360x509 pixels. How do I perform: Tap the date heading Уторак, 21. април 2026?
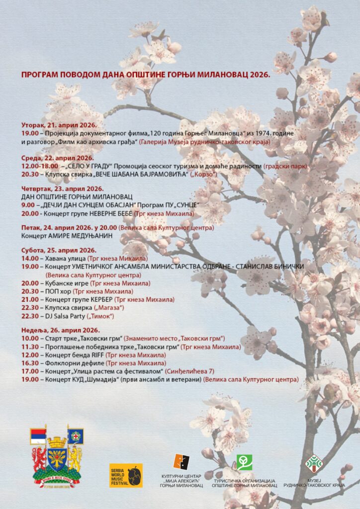pyautogui.click(x=59, y=125)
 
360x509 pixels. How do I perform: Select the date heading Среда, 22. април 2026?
pyautogui.click(x=58, y=158)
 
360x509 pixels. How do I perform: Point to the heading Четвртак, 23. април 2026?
pyautogui.click(x=62, y=189)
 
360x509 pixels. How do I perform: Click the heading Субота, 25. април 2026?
pyautogui.click(x=59, y=251)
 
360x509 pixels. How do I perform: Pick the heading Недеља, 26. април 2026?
pyautogui.click(x=60, y=330)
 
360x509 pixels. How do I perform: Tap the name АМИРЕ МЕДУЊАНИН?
pyautogui.click(x=80, y=236)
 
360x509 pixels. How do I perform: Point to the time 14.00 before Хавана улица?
pyautogui.click(x=30, y=258)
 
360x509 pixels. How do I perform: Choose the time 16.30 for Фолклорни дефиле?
pyautogui.click(x=30, y=363)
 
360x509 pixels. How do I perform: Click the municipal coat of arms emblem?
pyautogui.click(x=57, y=457)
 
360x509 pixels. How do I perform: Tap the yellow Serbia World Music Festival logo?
pyautogui.click(x=126, y=475)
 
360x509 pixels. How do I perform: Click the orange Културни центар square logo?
pyautogui.click(x=181, y=462)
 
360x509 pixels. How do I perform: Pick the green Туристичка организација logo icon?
pyautogui.click(x=244, y=462)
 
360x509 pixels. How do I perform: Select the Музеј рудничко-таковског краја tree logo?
pyautogui.click(x=314, y=463)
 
